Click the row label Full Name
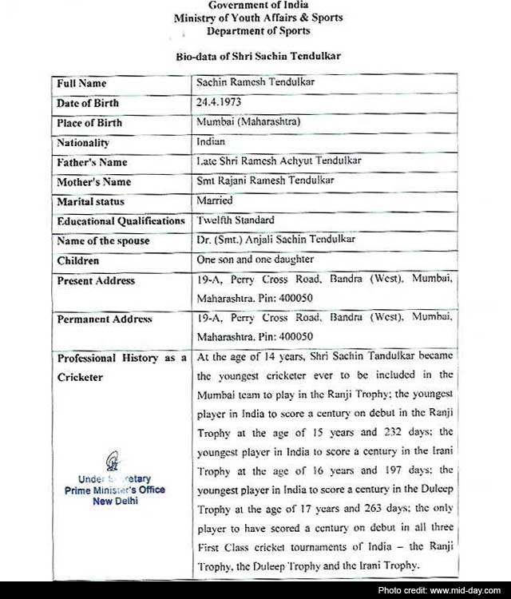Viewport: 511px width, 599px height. pos(81,83)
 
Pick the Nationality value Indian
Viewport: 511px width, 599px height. pos(212,141)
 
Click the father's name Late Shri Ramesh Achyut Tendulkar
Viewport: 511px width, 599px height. pos(279,161)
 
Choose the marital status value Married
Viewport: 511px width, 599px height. pos(215,200)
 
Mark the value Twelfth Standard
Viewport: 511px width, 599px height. pos(236,220)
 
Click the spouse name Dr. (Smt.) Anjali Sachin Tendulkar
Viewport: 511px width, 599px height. pos(275,240)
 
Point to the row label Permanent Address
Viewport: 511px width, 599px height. pos(105,319)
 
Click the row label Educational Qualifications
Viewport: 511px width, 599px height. pos(121,220)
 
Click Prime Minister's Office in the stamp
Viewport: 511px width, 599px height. pos(114,490)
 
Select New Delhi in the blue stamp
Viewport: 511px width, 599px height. pos(114,501)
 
